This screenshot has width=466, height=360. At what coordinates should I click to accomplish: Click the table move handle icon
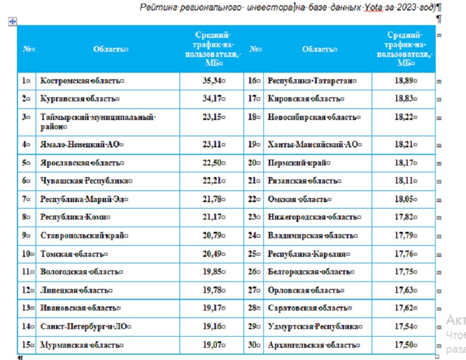(12, 22)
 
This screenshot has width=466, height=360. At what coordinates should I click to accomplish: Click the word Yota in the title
(373, 7)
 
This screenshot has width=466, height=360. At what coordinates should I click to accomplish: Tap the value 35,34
(212, 80)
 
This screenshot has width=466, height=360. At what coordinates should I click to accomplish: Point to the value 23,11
(212, 144)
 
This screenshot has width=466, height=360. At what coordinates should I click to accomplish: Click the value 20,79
(212, 235)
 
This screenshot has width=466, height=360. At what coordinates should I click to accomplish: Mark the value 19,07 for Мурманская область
(212, 345)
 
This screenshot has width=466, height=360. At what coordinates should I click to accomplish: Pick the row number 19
(252, 144)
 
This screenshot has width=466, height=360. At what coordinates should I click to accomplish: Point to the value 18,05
(404, 199)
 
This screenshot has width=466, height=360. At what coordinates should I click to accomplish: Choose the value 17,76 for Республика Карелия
(404, 254)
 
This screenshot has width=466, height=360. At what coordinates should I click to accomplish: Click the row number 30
(252, 345)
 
